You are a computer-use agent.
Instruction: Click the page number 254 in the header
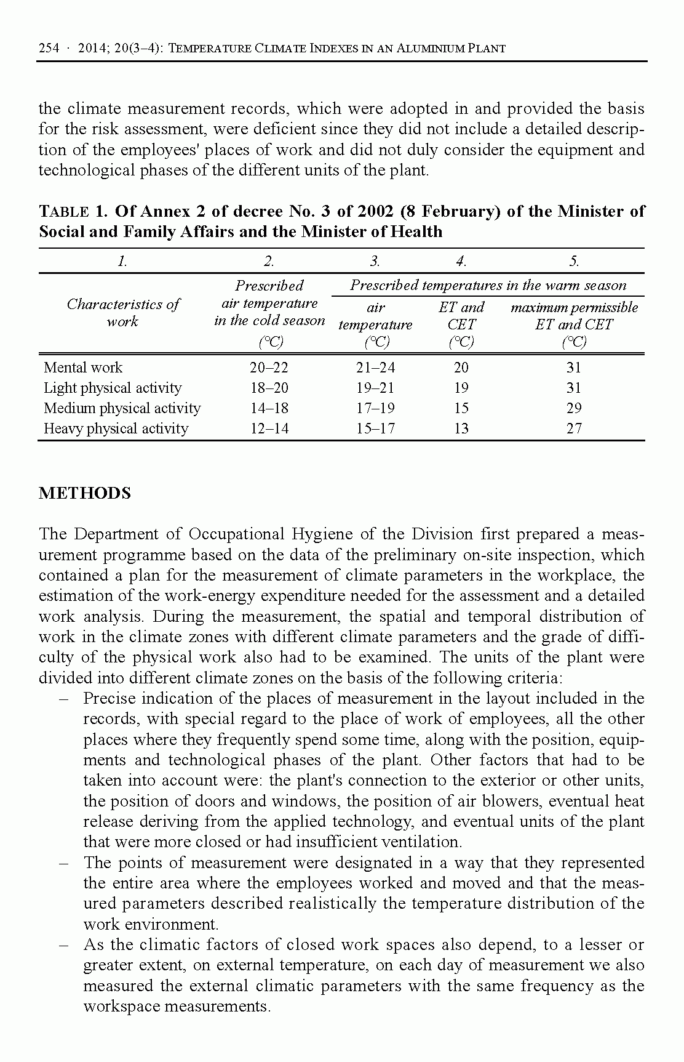pyautogui.click(x=49, y=48)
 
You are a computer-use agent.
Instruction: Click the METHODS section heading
pyautogui.click(x=85, y=493)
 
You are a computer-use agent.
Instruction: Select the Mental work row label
pyautogui.click(x=83, y=368)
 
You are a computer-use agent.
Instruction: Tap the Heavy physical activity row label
pyautogui.click(x=116, y=428)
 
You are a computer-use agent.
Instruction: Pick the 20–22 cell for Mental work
pyautogui.click(x=269, y=368)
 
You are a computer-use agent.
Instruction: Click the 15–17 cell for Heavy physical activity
pyautogui.click(x=375, y=428)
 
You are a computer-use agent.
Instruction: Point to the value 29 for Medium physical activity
pyautogui.click(x=573, y=408)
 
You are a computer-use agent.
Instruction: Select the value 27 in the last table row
pyautogui.click(x=573, y=428)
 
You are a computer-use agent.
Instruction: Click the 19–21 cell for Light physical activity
pyautogui.click(x=375, y=388)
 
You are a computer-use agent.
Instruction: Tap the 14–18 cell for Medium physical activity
pyautogui.click(x=269, y=408)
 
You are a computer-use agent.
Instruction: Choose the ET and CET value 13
pyautogui.click(x=461, y=428)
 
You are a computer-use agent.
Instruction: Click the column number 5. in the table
pyautogui.click(x=573, y=261)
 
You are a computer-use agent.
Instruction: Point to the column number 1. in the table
pyautogui.click(x=122, y=261)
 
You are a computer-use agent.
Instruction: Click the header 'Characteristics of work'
pyautogui.click(x=122, y=313)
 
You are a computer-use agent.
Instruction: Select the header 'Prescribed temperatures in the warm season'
pyautogui.click(x=488, y=285)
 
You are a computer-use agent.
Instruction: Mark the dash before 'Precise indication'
pyautogui.click(x=64, y=699)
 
